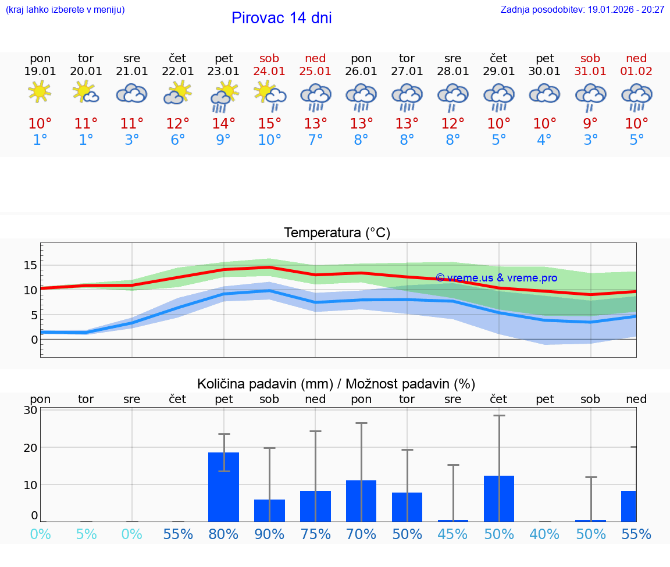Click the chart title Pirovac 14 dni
281,18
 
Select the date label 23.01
224,71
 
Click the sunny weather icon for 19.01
40,92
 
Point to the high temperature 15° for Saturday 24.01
270,124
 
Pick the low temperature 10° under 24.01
270,140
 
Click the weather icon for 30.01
544,94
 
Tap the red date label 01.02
636,71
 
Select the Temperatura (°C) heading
337,233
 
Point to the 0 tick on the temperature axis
34,340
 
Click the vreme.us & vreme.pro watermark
496,278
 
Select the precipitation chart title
336,384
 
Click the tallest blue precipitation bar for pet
224,487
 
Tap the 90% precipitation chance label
270,534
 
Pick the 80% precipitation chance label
224,534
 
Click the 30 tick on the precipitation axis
30,410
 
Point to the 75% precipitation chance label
316,534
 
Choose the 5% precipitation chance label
86,534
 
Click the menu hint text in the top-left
65,10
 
